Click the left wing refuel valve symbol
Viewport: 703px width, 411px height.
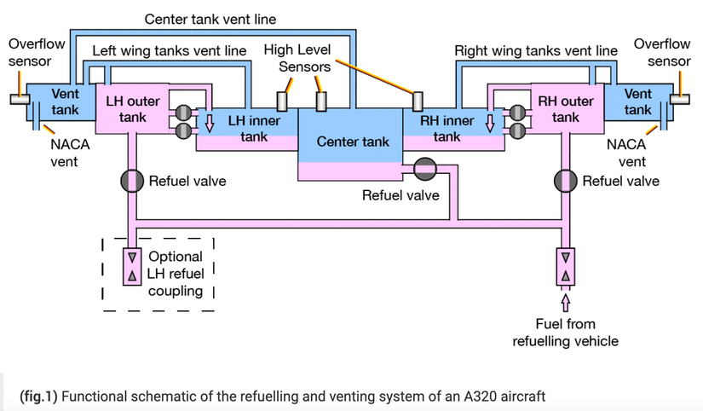tap(133, 181)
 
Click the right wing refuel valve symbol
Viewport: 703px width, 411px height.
tap(565, 181)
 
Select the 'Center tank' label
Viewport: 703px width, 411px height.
tap(353, 142)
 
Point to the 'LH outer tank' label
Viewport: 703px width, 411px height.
tap(132, 109)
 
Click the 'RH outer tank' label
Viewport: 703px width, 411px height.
tap(561, 109)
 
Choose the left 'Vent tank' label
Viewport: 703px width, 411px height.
tap(65, 101)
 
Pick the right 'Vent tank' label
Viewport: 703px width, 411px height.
tap(637, 101)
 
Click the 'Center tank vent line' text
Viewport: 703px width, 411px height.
tap(210, 19)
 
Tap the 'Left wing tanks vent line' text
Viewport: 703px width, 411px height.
tap(169, 51)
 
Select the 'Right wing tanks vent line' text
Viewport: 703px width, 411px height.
tap(536, 51)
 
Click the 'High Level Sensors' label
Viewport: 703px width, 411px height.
tap(297, 58)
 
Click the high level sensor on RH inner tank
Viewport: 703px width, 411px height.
tap(418, 101)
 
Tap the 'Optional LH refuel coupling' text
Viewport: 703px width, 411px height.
tap(176, 273)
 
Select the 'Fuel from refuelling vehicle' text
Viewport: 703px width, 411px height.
tap(565, 333)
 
